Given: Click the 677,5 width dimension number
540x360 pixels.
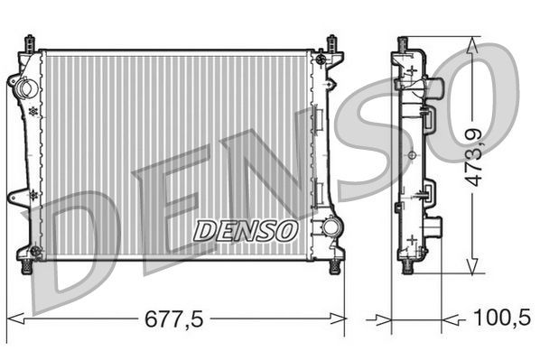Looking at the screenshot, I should click(177, 318).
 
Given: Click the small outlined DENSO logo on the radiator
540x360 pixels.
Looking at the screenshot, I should click(246, 231).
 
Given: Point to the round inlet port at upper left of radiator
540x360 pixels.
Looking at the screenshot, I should click(25, 88).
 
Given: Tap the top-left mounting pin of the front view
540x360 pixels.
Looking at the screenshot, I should click(31, 42).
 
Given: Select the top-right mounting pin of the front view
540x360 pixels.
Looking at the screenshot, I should click(331, 42).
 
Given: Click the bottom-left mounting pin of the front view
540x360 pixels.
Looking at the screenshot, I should click(28, 265).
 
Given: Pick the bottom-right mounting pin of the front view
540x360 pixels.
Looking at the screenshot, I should click(335, 266).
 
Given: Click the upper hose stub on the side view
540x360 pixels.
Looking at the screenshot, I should click(437, 88).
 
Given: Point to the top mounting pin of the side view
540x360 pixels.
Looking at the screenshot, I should click(404, 42).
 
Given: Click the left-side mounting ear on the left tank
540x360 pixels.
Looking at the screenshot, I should click(17, 196).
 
